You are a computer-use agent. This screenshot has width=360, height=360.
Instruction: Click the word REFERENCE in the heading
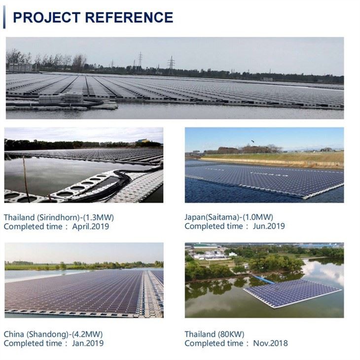pos(129,17)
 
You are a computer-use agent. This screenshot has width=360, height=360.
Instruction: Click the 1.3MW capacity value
pos(102,217)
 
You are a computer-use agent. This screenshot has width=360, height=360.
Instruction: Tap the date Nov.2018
pos(270,343)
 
